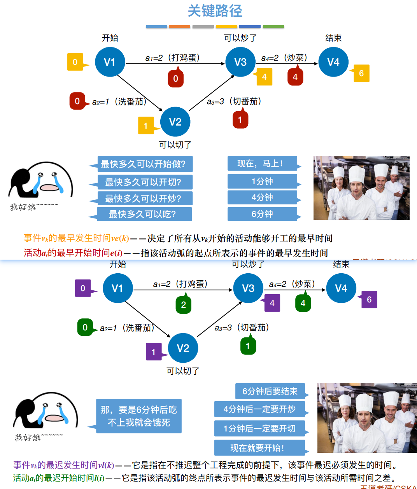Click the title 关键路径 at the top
215,11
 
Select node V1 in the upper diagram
110,62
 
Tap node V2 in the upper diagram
175,122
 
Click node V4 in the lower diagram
341,288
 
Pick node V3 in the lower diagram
248,288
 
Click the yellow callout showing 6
361,73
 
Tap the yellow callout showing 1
146,126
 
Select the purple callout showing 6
369,300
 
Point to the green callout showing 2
184,305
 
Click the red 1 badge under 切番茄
240,120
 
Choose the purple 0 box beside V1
83,288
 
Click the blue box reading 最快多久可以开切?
143,182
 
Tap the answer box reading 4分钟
262,197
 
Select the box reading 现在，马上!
262,164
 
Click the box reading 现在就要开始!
259,448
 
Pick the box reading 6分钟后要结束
270,391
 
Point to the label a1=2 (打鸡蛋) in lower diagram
180,284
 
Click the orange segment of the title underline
180,27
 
